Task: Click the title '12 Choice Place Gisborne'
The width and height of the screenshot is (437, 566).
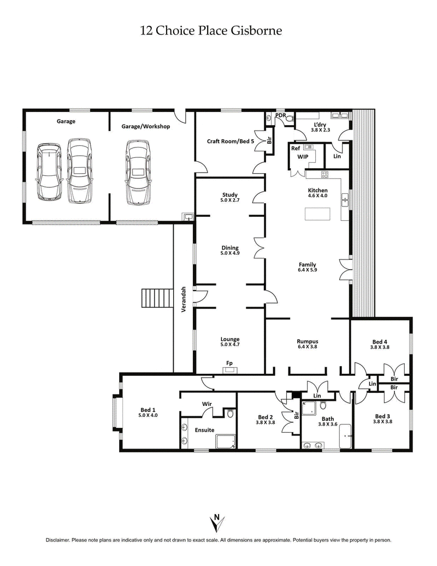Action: [x=211, y=31]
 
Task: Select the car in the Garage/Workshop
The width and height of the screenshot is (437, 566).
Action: [x=138, y=172]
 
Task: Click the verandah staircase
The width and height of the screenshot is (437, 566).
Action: [x=157, y=298]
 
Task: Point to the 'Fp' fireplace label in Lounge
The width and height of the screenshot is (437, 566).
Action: [x=230, y=362]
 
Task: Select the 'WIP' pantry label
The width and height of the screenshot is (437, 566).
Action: [x=303, y=156]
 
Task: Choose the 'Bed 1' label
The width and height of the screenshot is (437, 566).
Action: [x=148, y=410]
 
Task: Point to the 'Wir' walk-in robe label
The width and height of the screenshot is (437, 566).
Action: [x=207, y=404]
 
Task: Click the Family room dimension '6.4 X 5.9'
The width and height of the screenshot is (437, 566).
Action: [x=308, y=270]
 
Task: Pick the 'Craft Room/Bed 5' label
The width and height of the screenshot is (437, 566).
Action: [x=231, y=141]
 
